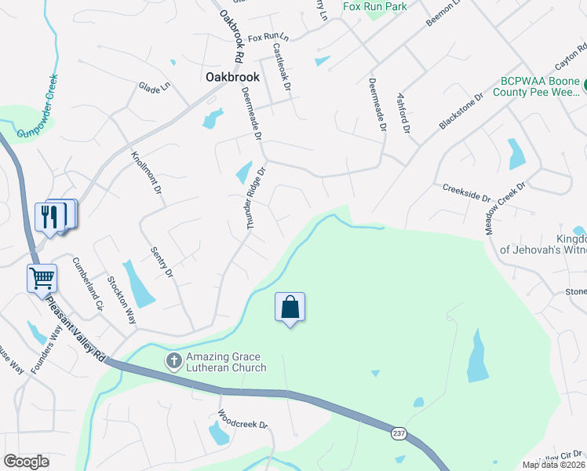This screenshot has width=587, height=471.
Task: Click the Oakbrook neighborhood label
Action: click(x=232, y=77)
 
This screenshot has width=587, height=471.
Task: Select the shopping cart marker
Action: click(x=42, y=277)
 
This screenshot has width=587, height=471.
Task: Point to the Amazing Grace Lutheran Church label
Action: click(x=226, y=362)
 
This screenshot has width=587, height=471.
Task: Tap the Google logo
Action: click(x=27, y=461)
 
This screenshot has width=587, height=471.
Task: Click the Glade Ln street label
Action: click(x=155, y=86)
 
